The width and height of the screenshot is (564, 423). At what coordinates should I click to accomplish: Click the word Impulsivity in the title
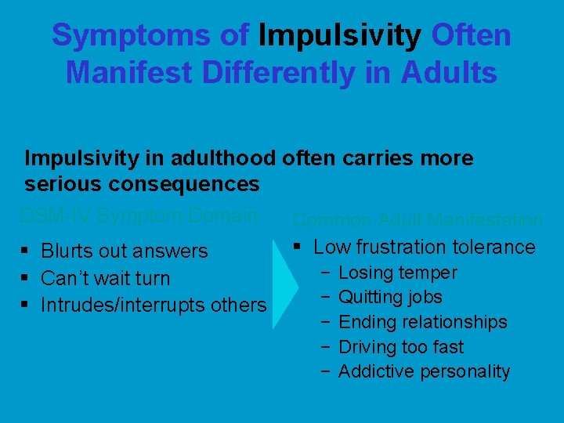[x=340, y=35]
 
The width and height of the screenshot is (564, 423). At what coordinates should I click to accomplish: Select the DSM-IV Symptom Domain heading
[x=138, y=215]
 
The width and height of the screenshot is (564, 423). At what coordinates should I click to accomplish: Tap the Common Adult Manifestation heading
[x=417, y=220]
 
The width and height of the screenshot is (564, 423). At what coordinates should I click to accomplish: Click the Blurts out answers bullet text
[x=125, y=251]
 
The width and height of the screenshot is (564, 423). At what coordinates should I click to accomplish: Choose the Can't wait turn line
[x=105, y=278]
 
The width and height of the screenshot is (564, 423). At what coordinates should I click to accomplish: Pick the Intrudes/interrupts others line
[x=154, y=305]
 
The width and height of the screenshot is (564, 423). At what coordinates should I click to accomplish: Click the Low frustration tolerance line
[x=424, y=248]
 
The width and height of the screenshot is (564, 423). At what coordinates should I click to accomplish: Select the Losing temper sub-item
[x=397, y=273]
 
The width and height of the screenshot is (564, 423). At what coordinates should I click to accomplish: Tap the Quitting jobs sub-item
[x=390, y=298]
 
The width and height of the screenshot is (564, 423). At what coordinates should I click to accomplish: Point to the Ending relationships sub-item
[x=422, y=322]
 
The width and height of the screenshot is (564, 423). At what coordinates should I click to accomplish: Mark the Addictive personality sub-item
[x=424, y=371]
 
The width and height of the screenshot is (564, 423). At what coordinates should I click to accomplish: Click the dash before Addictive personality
[x=324, y=371]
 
